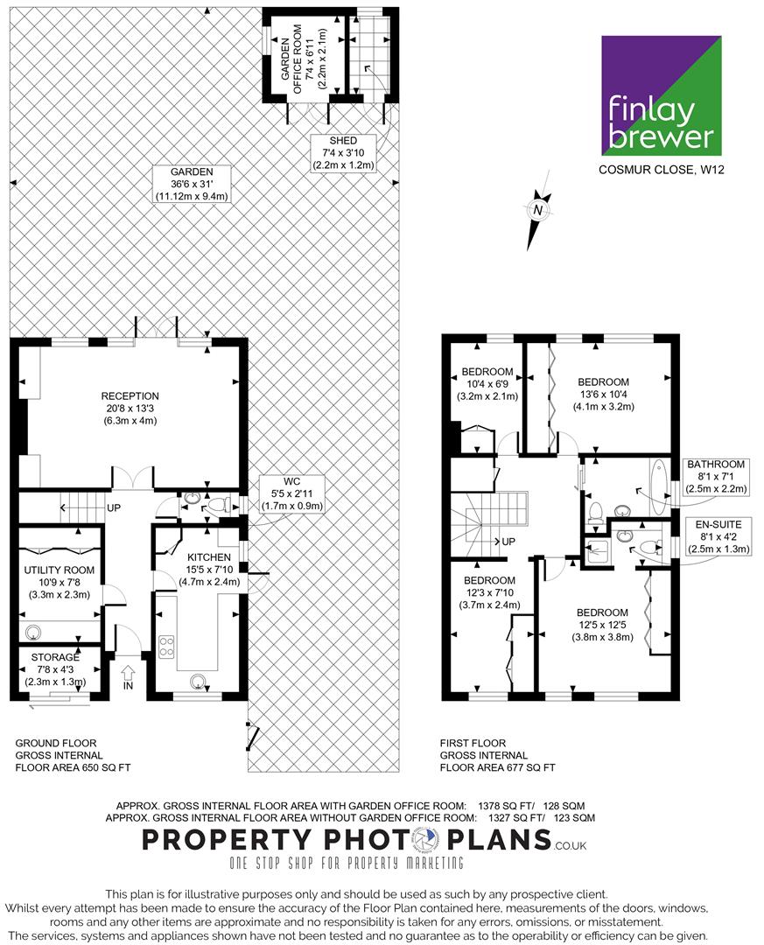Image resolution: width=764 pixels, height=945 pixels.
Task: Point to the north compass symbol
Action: coord(537,210)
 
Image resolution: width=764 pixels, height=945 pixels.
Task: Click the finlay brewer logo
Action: coord(662,95)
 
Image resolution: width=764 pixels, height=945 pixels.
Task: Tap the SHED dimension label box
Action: coord(343,153)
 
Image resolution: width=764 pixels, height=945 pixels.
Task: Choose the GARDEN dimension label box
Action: coord(192,184)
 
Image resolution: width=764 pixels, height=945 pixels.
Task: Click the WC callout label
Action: coord(291,493)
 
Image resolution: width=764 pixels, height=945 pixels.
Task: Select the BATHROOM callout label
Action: coord(716,477)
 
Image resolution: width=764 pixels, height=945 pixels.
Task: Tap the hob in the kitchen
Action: coord(166,647)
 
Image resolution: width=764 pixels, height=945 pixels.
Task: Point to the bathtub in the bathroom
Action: coord(658,486)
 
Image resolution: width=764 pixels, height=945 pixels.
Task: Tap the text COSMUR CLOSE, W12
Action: coord(662,170)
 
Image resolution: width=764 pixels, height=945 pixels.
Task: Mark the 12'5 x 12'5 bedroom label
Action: coord(602,625)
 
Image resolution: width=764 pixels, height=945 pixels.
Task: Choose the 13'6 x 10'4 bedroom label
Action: coord(603,394)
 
